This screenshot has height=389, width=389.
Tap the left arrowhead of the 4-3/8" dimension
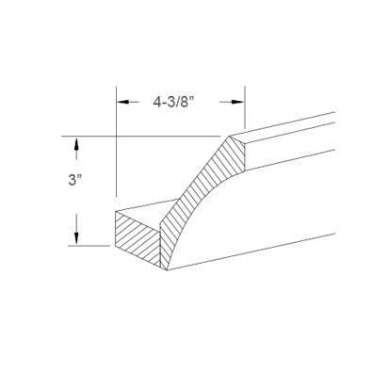coord(121,97)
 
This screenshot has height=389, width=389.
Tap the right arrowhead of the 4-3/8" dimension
coord(241,97)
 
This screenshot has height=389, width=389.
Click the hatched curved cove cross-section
coord(198,198)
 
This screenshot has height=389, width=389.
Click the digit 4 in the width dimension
coord(156,97)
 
